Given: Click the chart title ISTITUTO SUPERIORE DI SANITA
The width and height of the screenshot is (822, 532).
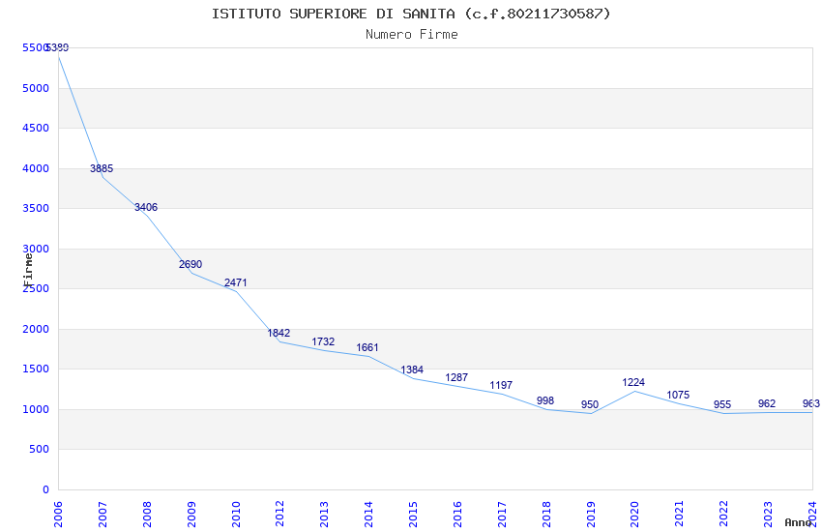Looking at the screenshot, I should click(x=411, y=14).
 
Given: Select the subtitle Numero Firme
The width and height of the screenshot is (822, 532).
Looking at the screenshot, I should click(x=411, y=35).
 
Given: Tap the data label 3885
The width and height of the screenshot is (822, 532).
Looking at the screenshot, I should click(x=102, y=168).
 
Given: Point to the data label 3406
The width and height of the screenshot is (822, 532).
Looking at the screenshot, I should click(x=146, y=207).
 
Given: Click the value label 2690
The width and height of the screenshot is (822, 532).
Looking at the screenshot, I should click(x=191, y=264).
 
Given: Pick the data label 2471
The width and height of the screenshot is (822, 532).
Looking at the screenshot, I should click(x=236, y=282).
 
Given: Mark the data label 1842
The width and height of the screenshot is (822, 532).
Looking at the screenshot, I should click(x=279, y=333).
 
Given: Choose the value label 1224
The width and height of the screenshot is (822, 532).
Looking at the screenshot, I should click(x=633, y=382).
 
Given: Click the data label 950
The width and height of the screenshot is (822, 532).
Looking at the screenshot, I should click(x=590, y=404).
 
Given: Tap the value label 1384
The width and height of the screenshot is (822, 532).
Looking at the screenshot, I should click(x=412, y=369).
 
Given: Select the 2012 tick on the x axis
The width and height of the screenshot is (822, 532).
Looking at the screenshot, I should click(x=280, y=514).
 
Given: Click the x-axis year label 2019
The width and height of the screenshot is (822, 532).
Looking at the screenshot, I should click(x=591, y=514).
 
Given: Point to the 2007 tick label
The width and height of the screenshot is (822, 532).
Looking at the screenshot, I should click(x=103, y=514).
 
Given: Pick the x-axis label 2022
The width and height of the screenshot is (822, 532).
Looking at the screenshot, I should click(x=724, y=514).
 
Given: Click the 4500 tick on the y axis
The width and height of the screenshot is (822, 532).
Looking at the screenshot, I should click(x=35, y=128).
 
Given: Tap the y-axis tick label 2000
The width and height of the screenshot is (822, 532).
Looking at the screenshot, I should click(x=35, y=329).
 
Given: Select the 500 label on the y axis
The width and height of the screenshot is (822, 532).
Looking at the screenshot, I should click(x=38, y=449).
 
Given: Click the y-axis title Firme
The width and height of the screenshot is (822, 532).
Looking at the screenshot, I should click(x=28, y=268).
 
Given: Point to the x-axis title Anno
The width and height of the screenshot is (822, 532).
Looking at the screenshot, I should click(x=798, y=522).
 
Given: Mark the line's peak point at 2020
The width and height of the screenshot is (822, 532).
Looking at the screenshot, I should click(x=634, y=391).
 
